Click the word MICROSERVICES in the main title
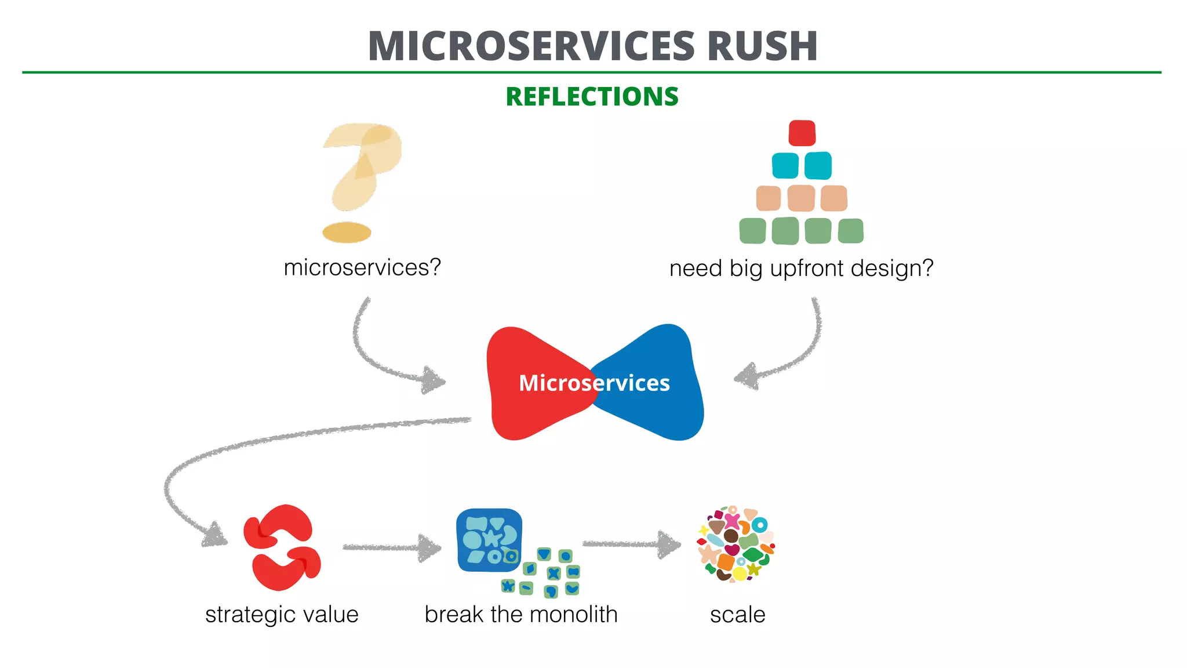click(531, 46)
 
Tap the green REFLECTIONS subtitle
click(592, 97)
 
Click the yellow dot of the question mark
click(347, 233)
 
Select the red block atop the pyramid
click(802, 133)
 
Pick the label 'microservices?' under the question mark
click(362, 268)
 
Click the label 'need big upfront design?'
click(801, 268)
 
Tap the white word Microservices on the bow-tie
click(594, 383)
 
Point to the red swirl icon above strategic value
click(282, 547)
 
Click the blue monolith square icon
click(489, 540)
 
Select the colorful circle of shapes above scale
click(735, 544)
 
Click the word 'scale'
click(737, 615)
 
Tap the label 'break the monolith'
click(520, 615)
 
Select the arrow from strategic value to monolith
click(391, 547)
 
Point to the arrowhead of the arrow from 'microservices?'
click(433, 380)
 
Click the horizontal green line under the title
click(591, 72)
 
